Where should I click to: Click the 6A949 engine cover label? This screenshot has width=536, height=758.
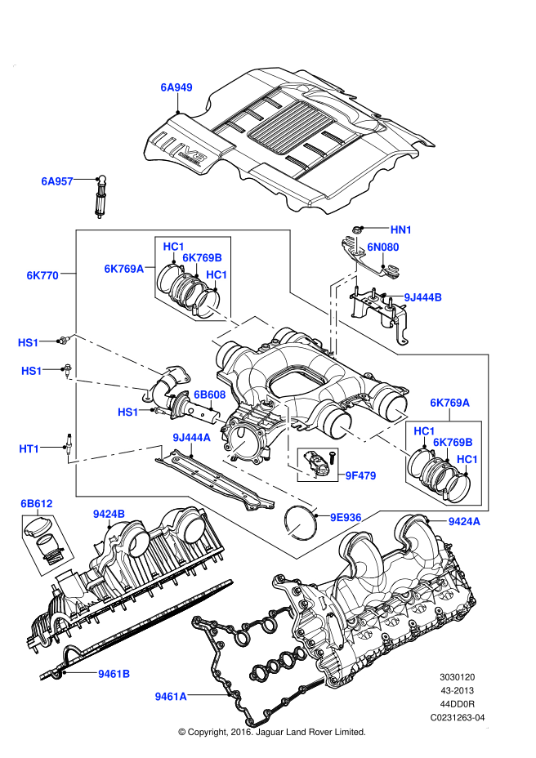(176, 86)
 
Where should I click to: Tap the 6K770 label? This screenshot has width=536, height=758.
(42, 276)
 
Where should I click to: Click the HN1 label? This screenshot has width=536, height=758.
(401, 230)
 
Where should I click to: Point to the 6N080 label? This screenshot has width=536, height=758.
(382, 247)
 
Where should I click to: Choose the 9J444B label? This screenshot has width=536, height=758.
(423, 298)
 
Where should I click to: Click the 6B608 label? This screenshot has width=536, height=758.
(209, 395)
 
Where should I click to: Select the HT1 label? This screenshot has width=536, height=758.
(29, 448)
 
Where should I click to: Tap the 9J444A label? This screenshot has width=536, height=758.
(191, 438)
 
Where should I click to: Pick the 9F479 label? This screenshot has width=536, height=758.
(360, 475)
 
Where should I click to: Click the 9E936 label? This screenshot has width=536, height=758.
(345, 517)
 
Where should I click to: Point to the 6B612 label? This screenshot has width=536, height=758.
(37, 504)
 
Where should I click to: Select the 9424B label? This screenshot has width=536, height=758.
(109, 514)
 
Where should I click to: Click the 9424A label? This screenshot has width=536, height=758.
(464, 520)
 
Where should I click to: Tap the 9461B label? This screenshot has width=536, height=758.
(114, 674)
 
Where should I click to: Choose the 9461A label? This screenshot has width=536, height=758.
(171, 697)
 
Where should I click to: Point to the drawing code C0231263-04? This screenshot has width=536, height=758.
(458, 717)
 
